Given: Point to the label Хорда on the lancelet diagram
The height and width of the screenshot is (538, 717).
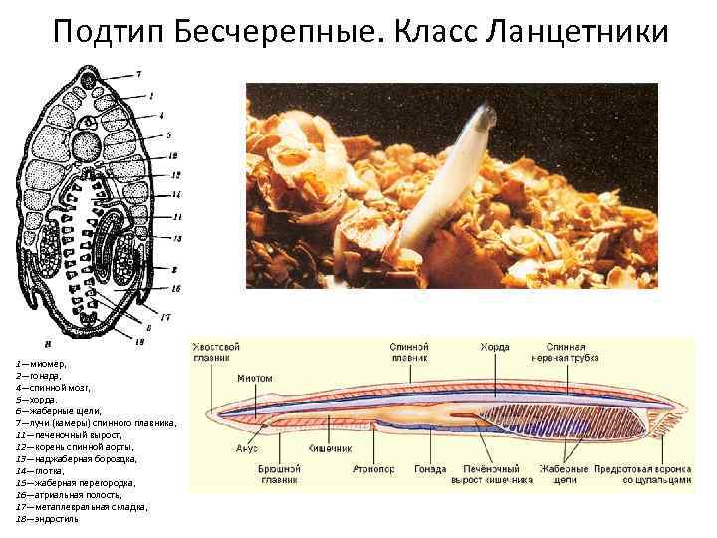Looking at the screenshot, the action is pos(495,347).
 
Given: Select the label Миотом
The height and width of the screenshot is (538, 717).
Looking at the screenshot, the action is pos(256,379).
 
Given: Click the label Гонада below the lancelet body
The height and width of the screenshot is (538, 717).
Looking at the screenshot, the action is pos(430,468).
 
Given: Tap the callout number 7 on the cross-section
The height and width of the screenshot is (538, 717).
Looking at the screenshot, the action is pos(138,73).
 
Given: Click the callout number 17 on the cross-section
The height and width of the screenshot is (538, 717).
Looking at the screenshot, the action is pos(165,317).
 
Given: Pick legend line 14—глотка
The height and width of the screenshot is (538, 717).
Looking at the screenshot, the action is pos(38,470).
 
